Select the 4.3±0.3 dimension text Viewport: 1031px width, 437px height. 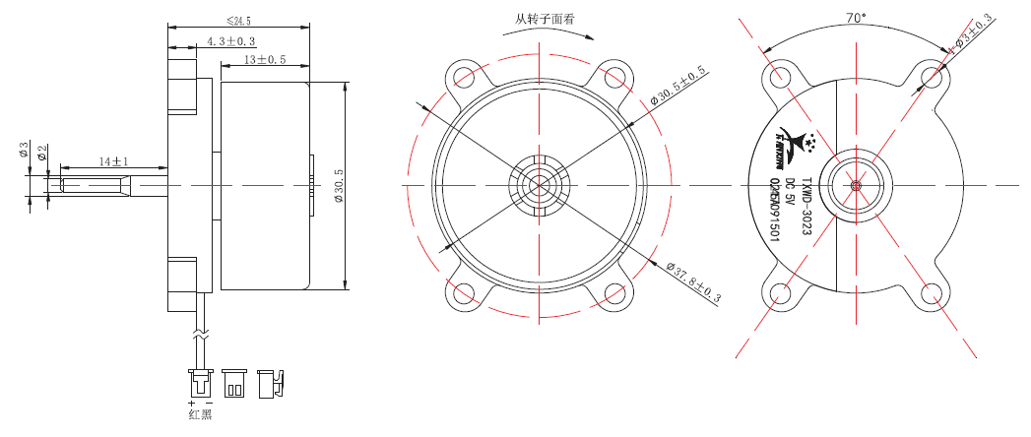(x=230, y=41)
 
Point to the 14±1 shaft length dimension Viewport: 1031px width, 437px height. (x=113, y=160)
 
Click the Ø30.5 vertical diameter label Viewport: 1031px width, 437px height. (x=338, y=185)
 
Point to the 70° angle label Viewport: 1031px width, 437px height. (x=855, y=17)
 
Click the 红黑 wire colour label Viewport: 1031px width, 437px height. (x=200, y=414)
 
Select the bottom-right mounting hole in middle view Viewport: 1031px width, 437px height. (x=614, y=293)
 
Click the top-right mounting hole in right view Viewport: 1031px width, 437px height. (x=931, y=76)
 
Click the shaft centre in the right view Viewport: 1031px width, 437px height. (x=855, y=185)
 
